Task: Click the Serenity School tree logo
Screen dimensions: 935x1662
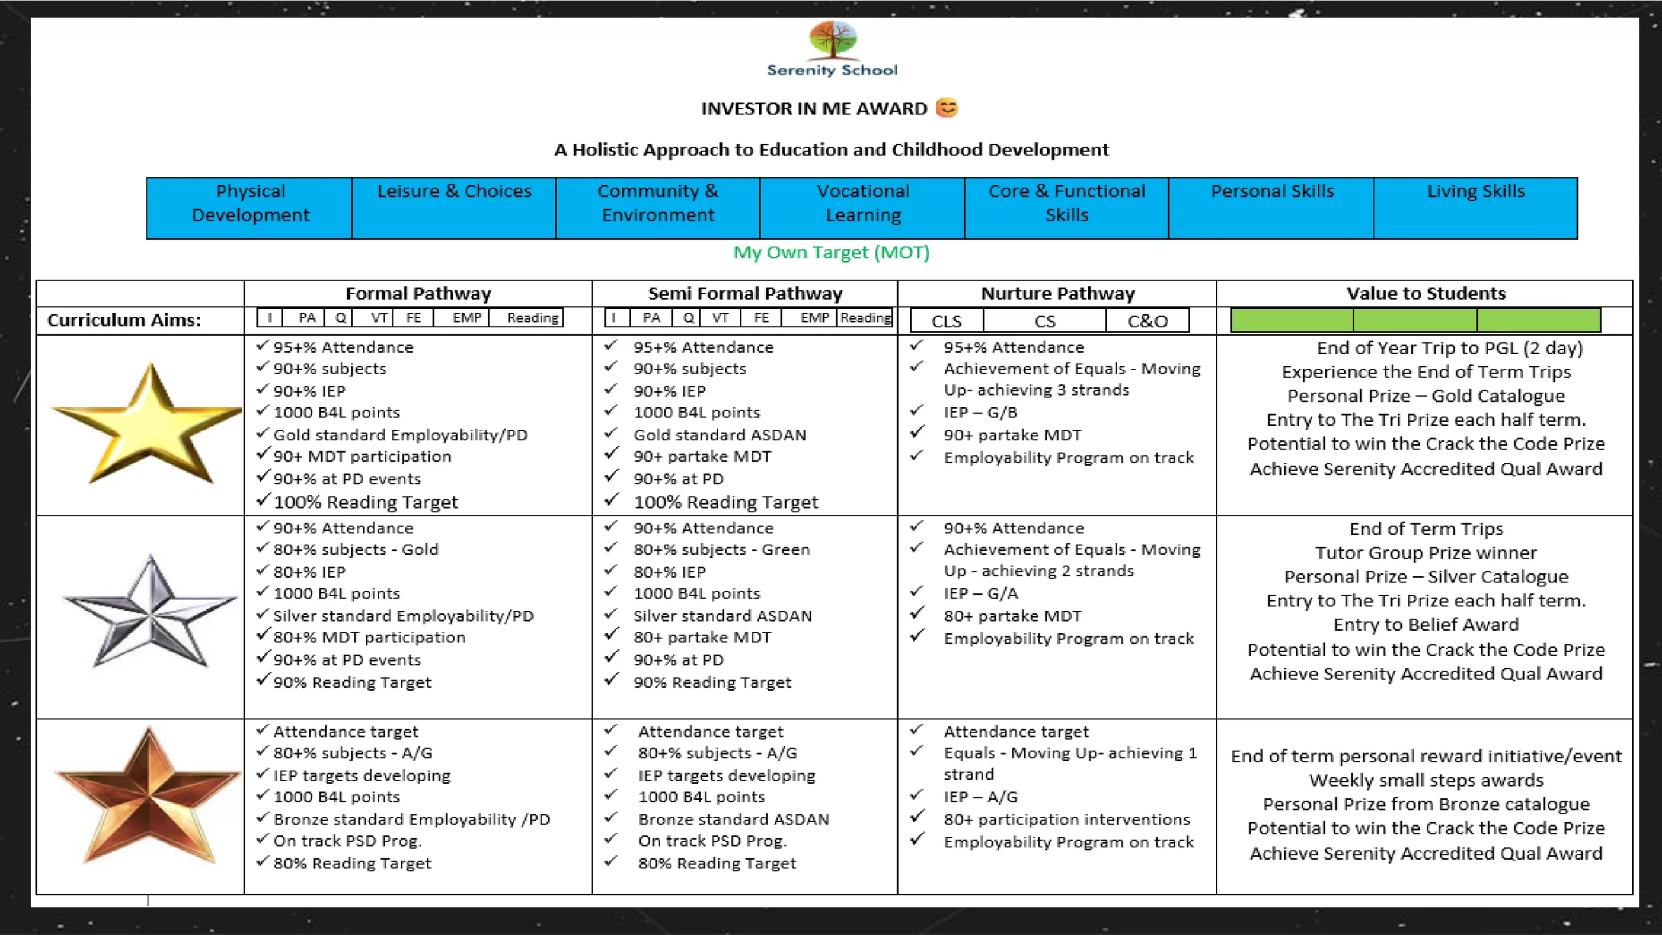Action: (833, 40)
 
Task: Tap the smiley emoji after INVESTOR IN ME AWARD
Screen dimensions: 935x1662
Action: (947, 108)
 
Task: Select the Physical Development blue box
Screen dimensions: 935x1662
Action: (250, 208)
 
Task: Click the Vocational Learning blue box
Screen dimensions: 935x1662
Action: (862, 208)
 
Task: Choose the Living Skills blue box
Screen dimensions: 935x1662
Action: (1475, 208)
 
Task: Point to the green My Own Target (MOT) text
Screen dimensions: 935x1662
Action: (831, 252)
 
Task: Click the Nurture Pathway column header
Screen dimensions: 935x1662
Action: (1058, 293)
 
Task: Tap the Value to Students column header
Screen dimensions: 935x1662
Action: (1425, 293)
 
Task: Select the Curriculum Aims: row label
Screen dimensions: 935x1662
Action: (124, 320)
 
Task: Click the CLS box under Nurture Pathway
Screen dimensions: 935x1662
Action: (947, 321)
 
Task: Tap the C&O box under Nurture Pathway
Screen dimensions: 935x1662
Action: (1147, 321)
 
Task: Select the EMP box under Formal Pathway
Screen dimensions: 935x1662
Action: (467, 318)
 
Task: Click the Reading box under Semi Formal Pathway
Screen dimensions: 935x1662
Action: (865, 318)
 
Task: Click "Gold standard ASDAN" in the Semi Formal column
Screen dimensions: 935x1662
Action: (719, 435)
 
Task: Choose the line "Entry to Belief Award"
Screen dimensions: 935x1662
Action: (1426, 625)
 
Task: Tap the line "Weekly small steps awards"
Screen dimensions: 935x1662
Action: (1426, 780)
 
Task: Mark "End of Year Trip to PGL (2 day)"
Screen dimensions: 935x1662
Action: (1449, 348)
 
